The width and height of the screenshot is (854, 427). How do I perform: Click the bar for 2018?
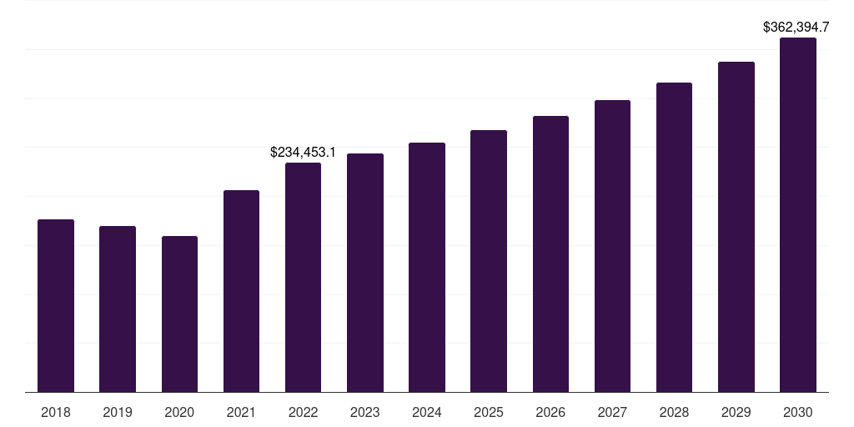tap(56, 305)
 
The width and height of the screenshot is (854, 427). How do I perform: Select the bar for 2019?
tap(118, 309)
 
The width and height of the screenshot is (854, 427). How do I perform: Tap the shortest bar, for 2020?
tap(179, 314)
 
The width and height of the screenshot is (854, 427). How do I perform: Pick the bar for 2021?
tap(241, 291)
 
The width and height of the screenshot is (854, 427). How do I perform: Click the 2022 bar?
tap(303, 277)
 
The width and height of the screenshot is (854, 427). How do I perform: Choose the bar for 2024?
tap(427, 267)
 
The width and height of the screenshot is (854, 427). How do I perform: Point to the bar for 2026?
tap(550, 254)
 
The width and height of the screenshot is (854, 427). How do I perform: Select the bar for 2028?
tap(674, 237)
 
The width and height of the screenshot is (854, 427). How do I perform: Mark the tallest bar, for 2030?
tap(797, 214)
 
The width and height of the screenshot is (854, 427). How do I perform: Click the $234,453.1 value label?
tap(303, 152)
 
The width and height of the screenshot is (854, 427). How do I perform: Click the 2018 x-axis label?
tap(56, 412)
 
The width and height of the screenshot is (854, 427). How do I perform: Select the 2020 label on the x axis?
tap(179, 412)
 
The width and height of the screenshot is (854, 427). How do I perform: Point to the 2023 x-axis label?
tap(364, 412)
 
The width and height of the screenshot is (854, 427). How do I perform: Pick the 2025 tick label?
tap(489, 412)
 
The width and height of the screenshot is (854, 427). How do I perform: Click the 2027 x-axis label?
tap(612, 412)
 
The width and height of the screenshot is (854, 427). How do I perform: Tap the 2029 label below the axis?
tap(736, 412)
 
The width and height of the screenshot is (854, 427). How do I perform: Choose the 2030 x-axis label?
tap(797, 412)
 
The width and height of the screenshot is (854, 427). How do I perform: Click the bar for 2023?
tap(364, 273)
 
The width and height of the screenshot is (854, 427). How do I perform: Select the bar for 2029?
tap(736, 227)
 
